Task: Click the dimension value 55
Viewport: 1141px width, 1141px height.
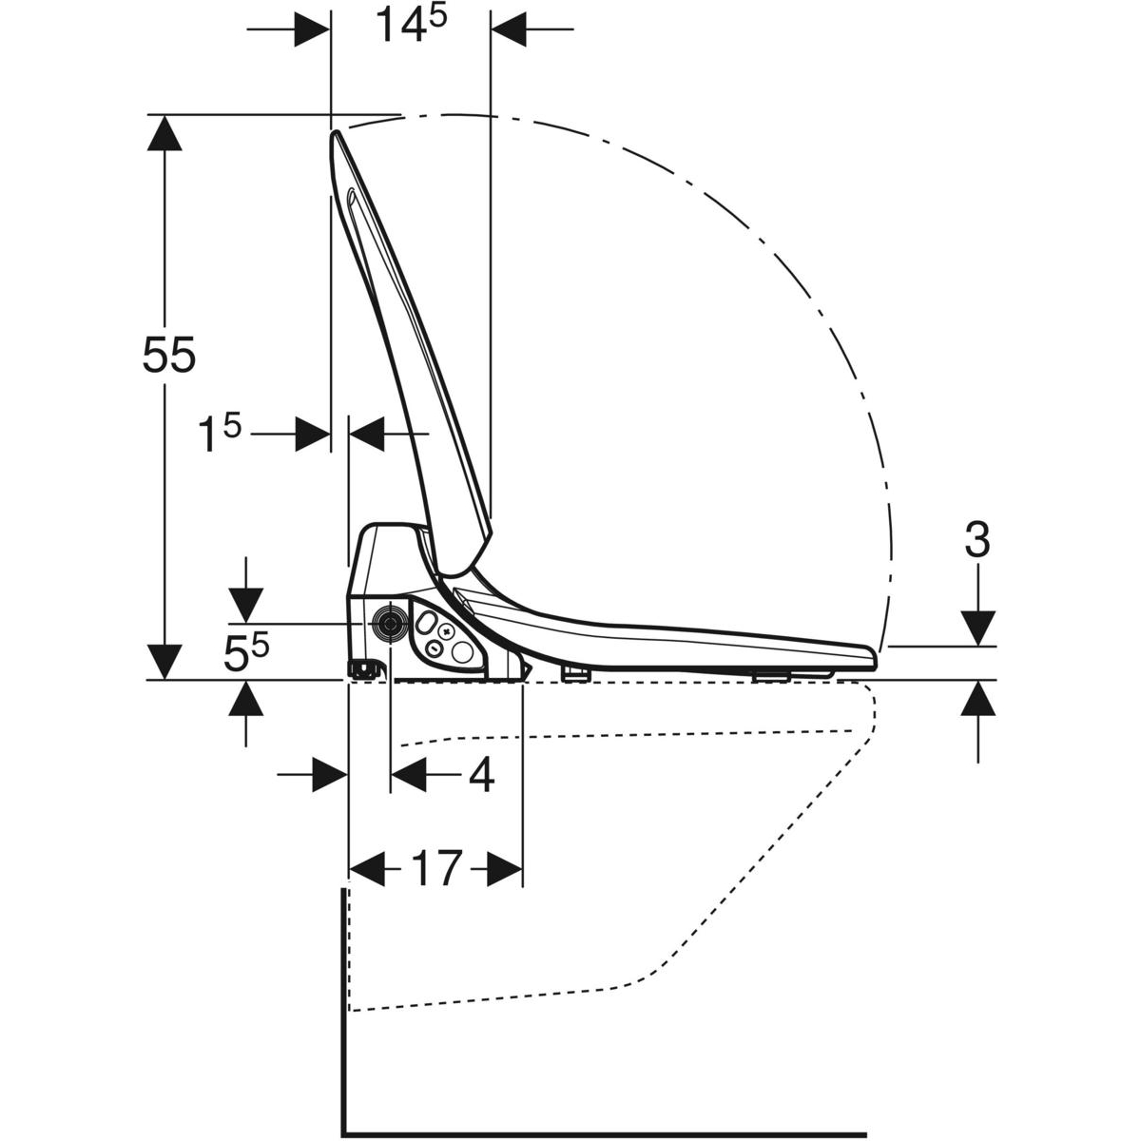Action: click(x=168, y=355)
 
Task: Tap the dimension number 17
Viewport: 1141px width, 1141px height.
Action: click(x=435, y=869)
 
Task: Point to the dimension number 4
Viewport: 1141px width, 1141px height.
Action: click(x=481, y=775)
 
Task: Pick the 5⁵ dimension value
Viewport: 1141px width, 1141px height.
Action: click(x=245, y=652)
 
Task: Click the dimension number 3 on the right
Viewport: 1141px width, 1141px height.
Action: click(x=977, y=541)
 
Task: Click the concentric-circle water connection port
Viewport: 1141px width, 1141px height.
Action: click(x=390, y=624)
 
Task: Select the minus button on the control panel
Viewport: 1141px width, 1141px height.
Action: click(x=434, y=648)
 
